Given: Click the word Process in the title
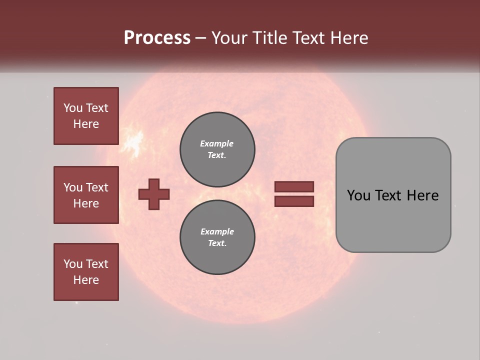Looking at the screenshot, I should pyautogui.click(x=157, y=38).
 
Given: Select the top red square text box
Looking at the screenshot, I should pyautogui.click(x=86, y=116).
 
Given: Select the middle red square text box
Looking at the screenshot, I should pyautogui.click(x=86, y=195).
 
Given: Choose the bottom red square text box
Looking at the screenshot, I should pyautogui.click(x=86, y=272).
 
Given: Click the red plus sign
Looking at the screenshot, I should pyautogui.click(x=154, y=194).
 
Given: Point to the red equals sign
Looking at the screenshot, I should pyautogui.click(x=294, y=194).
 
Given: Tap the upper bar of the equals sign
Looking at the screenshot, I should pyautogui.click(x=294, y=187).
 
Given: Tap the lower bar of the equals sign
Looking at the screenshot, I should pyautogui.click(x=294, y=201).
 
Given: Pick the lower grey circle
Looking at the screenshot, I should pyautogui.click(x=217, y=237).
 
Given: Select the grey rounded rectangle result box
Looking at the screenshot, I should pyautogui.click(x=393, y=195).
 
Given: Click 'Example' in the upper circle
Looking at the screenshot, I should pyautogui.click(x=217, y=143).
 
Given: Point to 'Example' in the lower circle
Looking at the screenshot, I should pyautogui.click(x=217, y=231).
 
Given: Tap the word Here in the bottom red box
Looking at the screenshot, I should pyautogui.click(x=86, y=280).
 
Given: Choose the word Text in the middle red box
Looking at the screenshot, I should pyautogui.click(x=97, y=187).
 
